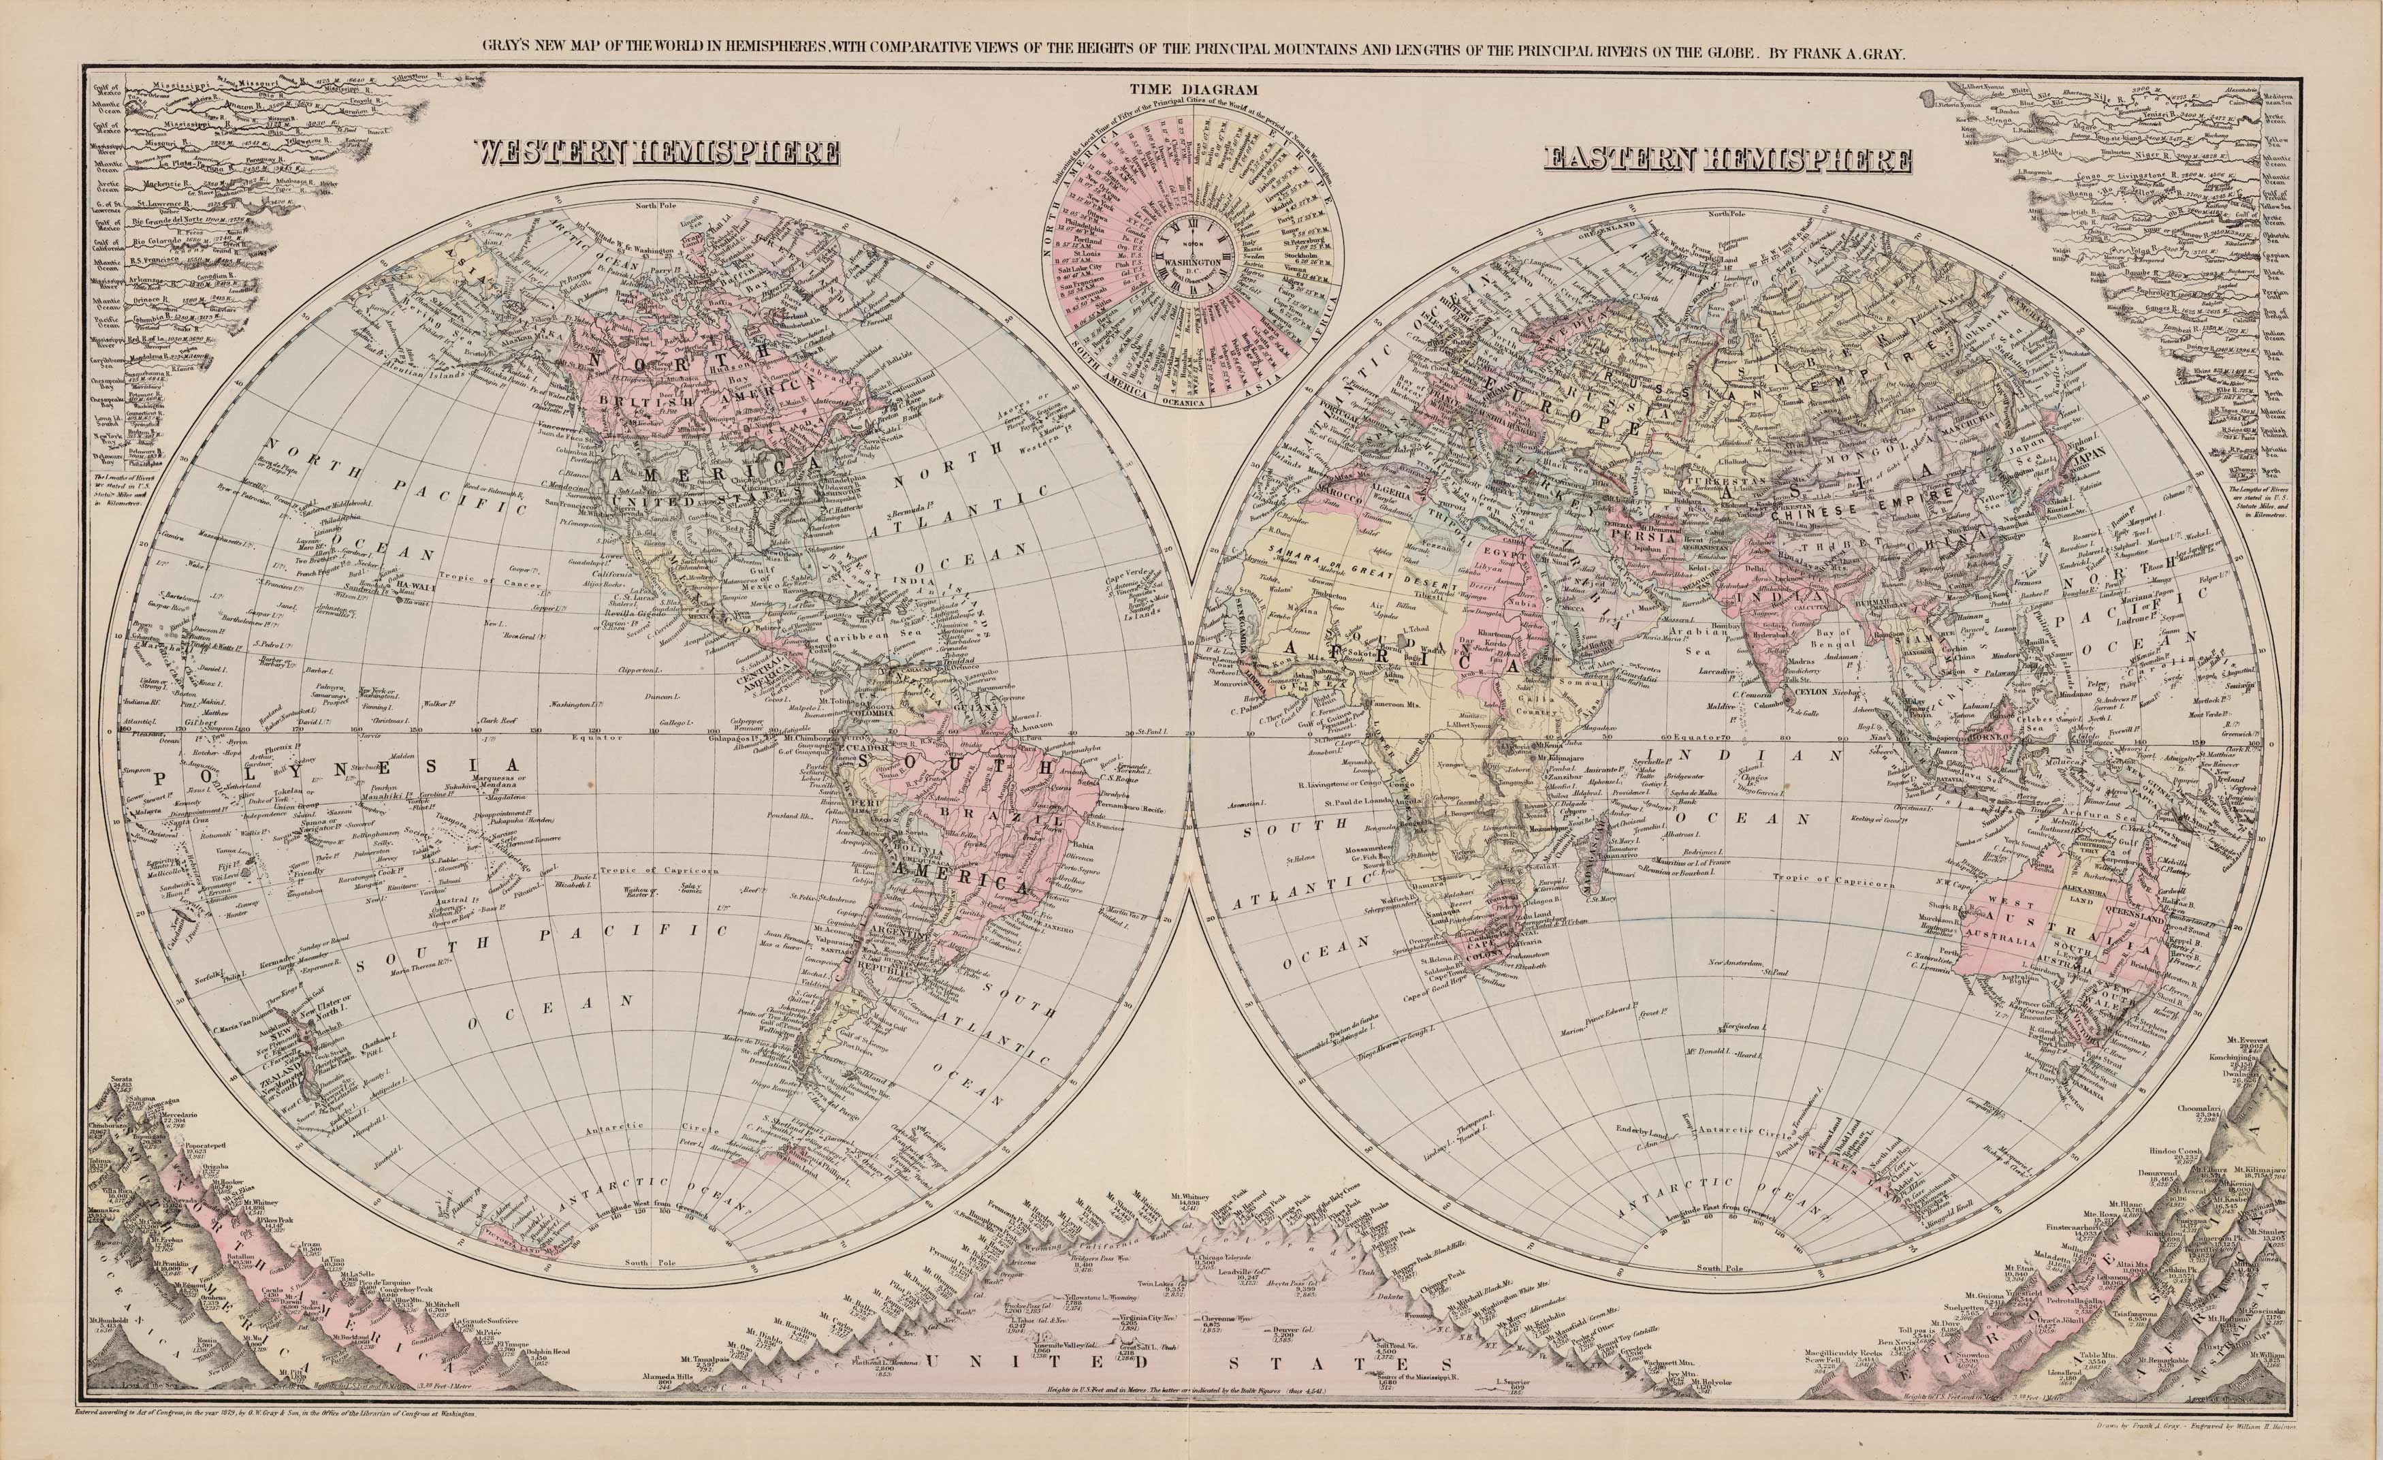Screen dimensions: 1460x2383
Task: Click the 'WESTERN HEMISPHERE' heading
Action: (655, 153)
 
